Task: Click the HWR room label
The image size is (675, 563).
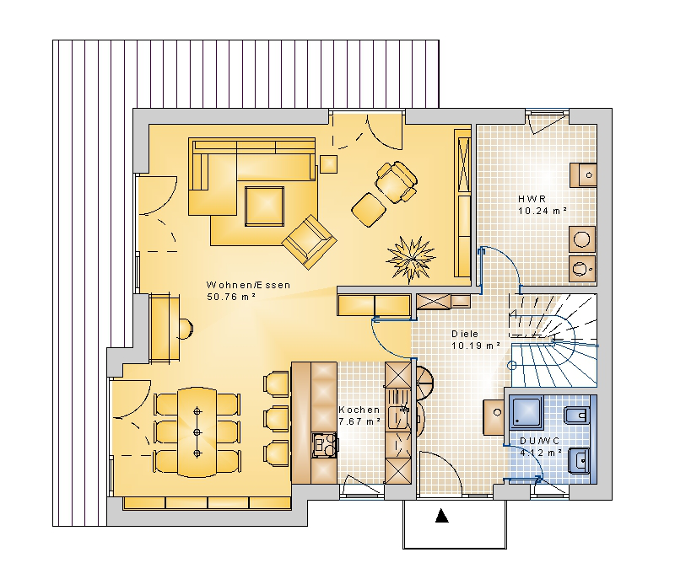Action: coord(532,199)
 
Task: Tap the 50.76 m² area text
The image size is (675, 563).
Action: coord(231,297)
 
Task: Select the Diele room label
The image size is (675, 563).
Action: coord(465,334)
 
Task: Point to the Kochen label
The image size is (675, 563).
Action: coord(359,410)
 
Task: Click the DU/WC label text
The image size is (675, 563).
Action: coord(540,441)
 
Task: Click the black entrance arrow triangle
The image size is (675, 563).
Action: coord(441,515)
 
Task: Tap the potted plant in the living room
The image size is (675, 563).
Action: coord(411,260)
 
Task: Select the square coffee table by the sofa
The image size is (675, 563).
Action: coord(264,206)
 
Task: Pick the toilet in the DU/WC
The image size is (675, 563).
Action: coord(576,416)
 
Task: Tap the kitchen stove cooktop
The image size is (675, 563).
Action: coord(324,445)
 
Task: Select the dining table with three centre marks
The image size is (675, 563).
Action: coord(197,432)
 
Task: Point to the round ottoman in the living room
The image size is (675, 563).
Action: coord(369,210)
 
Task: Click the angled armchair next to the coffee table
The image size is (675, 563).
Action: coord(309,242)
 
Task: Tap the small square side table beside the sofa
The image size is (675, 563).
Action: coord(328,164)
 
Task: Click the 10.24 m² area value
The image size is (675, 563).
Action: coord(543,211)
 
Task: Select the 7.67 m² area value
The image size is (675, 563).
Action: coord(359,421)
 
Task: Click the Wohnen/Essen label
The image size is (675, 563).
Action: coord(248,285)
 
